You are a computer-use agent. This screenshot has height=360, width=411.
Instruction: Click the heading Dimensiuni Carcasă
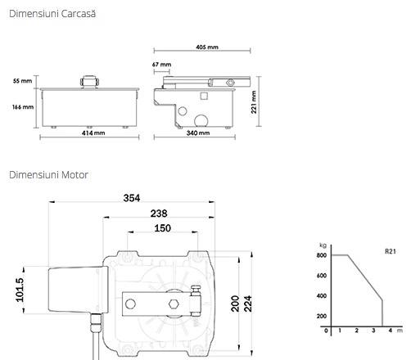[52, 14]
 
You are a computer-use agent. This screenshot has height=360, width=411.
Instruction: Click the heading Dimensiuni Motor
[48, 175]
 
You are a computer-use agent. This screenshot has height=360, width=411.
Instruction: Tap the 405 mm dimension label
[207, 47]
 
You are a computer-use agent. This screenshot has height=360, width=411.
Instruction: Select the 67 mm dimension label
[161, 65]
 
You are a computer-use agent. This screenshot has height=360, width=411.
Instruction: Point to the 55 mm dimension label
[22, 81]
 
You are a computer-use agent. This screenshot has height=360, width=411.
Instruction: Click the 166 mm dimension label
[23, 107]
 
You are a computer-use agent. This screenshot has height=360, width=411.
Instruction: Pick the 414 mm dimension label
[93, 133]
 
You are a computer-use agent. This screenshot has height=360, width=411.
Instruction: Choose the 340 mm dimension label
[198, 133]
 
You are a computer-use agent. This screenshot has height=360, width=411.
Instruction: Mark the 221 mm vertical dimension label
[254, 102]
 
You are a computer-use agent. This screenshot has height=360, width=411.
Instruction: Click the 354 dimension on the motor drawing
[132, 198]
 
